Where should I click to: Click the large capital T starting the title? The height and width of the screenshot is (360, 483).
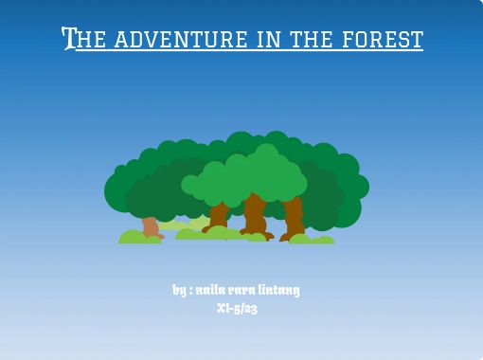point(68,39)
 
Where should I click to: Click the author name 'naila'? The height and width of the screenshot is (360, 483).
point(212,289)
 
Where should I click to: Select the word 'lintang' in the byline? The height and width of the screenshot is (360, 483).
point(280,289)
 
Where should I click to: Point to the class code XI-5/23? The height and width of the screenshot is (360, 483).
point(237,308)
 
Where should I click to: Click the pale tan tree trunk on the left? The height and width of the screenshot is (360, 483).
point(150,225)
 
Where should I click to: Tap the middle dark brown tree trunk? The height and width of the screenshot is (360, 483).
point(254,215)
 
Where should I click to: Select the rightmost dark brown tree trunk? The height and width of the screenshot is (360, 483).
point(293,217)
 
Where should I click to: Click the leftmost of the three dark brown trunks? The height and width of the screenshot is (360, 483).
point(219,215)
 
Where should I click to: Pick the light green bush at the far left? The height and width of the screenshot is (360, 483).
point(138,237)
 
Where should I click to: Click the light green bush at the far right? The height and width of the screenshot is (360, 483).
point(313,239)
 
